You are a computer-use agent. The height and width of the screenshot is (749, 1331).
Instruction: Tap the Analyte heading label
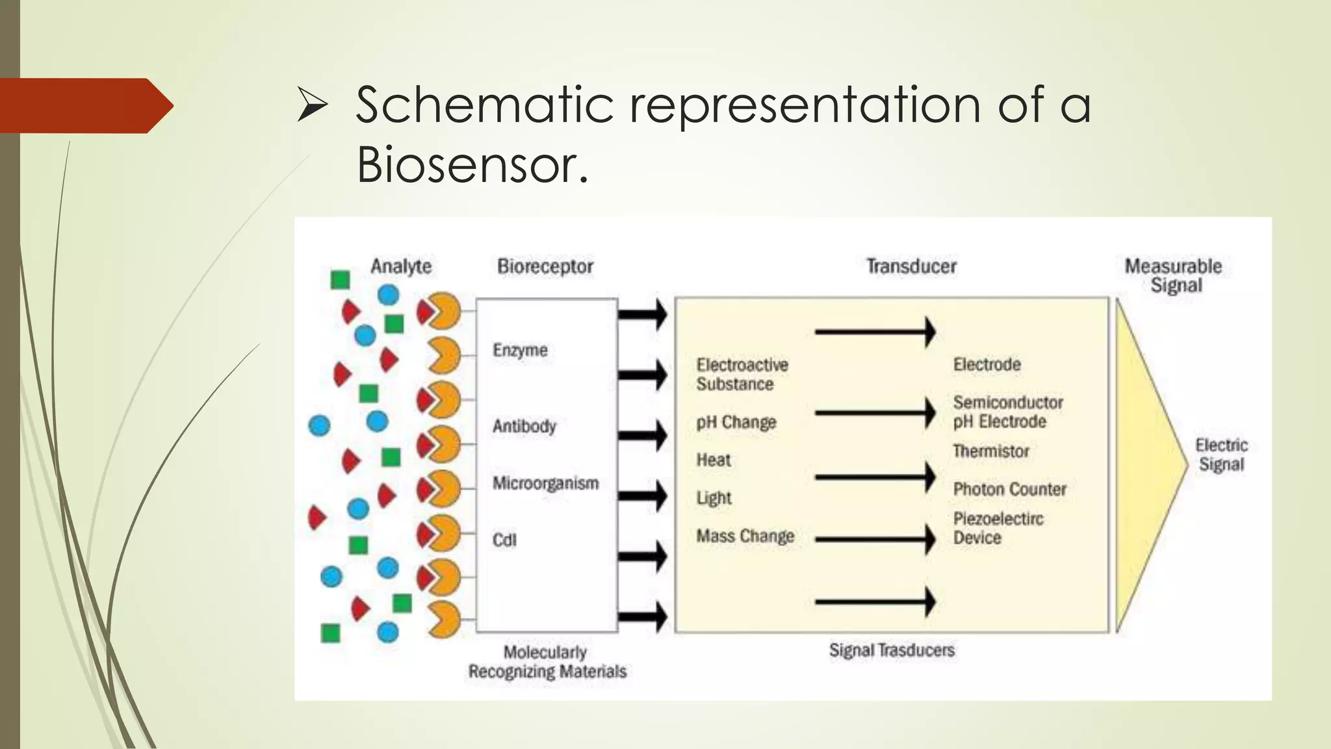tap(401, 267)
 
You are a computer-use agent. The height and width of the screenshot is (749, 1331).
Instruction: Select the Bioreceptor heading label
tap(545, 267)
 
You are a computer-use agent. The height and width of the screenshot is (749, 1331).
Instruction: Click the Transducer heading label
tap(911, 267)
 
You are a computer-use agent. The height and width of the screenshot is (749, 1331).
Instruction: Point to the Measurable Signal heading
tap(1174, 276)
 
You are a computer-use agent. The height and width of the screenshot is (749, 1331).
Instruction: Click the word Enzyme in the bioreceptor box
tap(520, 350)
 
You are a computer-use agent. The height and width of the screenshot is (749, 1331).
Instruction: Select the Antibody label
tap(524, 427)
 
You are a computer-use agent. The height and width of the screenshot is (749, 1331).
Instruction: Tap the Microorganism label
tap(545, 484)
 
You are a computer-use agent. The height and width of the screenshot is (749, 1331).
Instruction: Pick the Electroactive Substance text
tap(742, 374)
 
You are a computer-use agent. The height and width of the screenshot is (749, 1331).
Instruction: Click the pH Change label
tap(736, 423)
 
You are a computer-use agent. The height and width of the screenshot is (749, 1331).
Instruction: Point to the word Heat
tap(714, 460)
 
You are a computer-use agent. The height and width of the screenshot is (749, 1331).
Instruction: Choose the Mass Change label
tap(745, 536)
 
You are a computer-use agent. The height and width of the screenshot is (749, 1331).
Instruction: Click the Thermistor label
tap(990, 451)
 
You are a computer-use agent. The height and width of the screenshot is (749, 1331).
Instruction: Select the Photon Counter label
tap(1009, 490)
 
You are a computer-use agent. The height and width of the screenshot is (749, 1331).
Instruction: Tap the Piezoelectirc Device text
tap(998, 529)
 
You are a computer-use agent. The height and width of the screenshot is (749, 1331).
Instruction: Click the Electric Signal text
tap(1221, 455)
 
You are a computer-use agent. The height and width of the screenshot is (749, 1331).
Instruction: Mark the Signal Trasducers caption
tap(892, 650)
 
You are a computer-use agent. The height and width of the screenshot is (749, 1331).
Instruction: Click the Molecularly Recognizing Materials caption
tap(547, 662)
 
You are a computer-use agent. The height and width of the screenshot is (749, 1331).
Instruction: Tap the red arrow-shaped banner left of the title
tap(84, 106)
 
